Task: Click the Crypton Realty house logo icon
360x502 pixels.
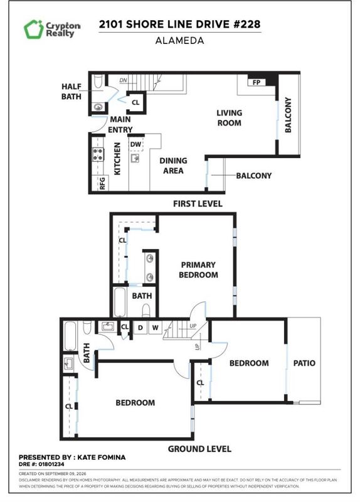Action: pos(33,29)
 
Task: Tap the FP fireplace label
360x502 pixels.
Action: pos(257,83)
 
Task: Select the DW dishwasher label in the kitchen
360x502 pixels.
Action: pos(135,144)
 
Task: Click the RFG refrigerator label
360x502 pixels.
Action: pos(102,183)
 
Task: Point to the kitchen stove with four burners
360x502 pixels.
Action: pos(98,154)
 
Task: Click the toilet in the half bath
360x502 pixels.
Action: pos(98,82)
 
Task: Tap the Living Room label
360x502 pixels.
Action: pos(229,118)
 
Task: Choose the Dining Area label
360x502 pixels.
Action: pos(173,166)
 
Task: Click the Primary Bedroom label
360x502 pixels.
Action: pos(198,270)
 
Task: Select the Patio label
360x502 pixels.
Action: pos(304,363)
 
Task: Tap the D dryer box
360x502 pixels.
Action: pos(140,328)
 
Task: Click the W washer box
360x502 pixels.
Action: pos(155,328)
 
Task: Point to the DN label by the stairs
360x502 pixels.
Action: pos(123,80)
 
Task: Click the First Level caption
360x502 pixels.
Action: pos(198,203)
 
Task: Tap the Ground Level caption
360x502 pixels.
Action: pos(199,449)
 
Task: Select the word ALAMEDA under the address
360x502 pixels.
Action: pos(179,41)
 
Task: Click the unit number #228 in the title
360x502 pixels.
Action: pos(246,24)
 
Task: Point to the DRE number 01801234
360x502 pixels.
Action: pos(51,464)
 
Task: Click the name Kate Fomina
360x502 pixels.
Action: pos(102,457)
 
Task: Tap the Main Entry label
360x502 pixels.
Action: pos(120,124)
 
